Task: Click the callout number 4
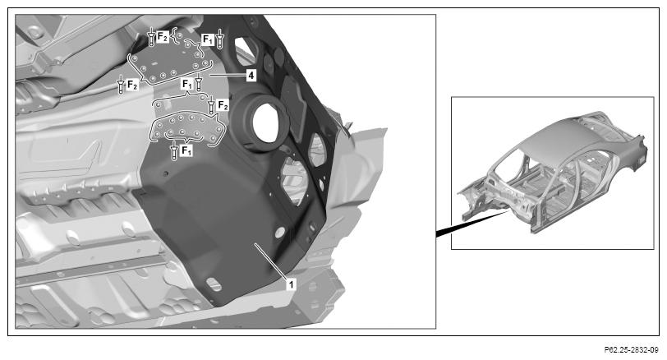point(251,76)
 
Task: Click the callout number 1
point(291,284)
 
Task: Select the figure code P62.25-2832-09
point(631,350)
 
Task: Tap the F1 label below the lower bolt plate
point(186,150)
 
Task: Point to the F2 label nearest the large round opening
point(223,105)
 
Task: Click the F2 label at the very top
point(163,37)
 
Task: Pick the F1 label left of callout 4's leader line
point(187,84)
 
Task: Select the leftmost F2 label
point(132,85)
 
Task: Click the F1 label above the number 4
point(208,39)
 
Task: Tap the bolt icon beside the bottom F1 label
point(173,150)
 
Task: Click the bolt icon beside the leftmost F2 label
point(121,85)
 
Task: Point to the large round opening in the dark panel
point(265,122)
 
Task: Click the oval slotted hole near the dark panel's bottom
point(214,284)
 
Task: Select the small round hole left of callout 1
point(279,233)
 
